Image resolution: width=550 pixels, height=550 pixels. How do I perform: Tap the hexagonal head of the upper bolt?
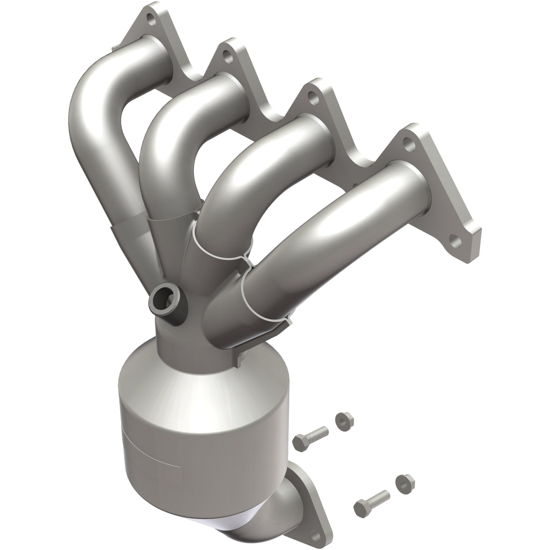click(300, 441)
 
